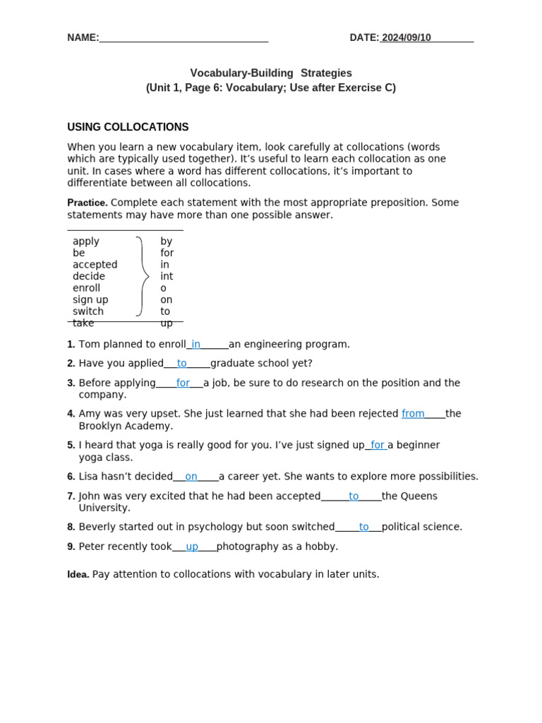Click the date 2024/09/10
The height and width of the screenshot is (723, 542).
[406, 38]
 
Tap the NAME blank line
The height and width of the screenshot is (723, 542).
[183, 40]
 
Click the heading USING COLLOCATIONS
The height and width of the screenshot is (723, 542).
[128, 127]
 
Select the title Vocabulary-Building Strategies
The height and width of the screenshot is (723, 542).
[271, 73]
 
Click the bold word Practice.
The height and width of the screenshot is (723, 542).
[87, 203]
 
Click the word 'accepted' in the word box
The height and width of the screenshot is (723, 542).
[95, 265]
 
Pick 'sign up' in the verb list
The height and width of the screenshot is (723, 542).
[90, 300]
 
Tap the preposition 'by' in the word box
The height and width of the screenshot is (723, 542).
[166, 241]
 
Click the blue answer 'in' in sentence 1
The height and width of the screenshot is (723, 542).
[195, 345]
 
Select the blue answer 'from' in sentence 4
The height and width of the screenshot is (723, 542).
[413, 414]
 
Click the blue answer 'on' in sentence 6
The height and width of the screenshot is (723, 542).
[191, 477]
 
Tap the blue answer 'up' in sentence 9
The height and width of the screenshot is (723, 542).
[192, 546]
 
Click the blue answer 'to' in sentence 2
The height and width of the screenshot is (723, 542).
[182, 364]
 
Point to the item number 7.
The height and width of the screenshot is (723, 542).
[71, 496]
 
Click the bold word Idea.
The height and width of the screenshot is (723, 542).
[78, 575]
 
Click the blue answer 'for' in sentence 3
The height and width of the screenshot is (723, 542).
[183, 383]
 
